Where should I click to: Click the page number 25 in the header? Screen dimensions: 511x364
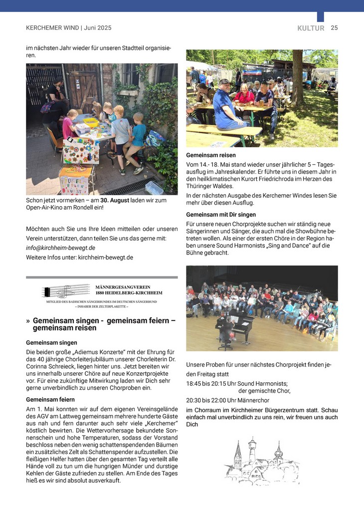coord(334,28)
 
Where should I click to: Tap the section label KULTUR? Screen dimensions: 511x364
coord(311,28)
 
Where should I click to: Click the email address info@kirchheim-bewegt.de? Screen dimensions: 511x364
coord(60,248)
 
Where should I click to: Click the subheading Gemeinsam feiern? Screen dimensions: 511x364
coord(50,400)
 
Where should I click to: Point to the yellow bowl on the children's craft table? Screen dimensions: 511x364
coord(91,121)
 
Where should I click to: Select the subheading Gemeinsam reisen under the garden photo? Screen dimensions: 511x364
coord(211,155)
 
